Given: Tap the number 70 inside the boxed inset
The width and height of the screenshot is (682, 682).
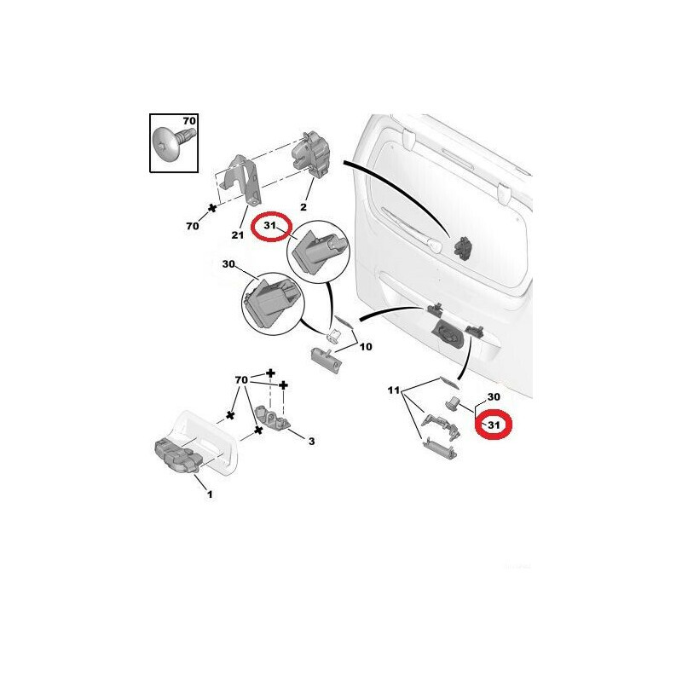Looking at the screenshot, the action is coord(189,120).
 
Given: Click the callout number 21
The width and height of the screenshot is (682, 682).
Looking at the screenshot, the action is coord(238,235).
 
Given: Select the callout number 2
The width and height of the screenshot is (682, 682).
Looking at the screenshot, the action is coord(303,206).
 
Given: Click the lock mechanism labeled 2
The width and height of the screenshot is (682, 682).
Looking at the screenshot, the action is coord(311,156).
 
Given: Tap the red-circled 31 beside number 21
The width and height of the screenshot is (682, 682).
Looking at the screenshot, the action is coord(270,225).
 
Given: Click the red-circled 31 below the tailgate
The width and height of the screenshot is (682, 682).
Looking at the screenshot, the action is coord(494,424).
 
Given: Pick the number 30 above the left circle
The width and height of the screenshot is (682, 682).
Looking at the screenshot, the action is coord(228,264).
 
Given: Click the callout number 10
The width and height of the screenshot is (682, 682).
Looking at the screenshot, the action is coord(366,347).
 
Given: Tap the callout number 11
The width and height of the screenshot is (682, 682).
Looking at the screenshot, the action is coord(393,390).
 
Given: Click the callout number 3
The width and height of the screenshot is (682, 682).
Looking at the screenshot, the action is coord(311,441).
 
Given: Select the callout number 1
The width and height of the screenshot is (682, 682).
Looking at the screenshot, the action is coord(210,494).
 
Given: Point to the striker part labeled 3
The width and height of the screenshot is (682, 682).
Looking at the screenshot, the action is coord(273,418).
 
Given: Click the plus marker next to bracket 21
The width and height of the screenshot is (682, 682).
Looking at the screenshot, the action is coord(212,208).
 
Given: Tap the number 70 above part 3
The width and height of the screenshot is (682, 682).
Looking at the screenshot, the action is coord(241,379).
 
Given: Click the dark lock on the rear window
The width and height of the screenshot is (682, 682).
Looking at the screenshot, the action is coord(463,249).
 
